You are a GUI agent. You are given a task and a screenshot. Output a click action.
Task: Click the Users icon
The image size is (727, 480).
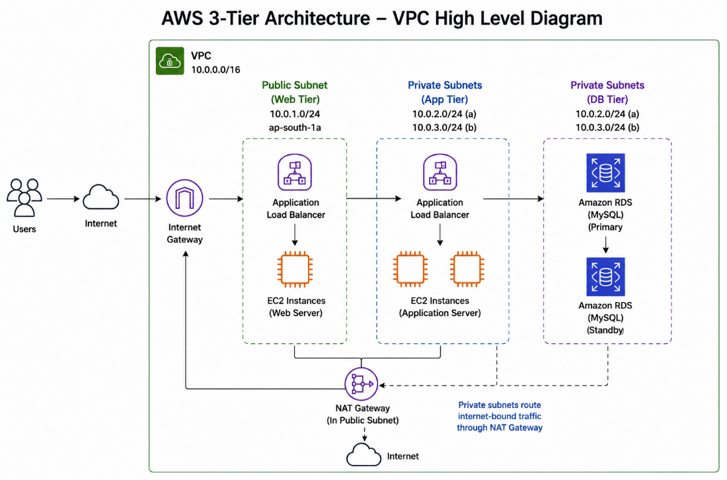pyautogui.click(x=24, y=198)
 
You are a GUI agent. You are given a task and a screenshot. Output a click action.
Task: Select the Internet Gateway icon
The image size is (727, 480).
pyautogui.click(x=184, y=198)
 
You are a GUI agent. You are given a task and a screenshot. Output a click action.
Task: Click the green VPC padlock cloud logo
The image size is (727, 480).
pyautogui.click(x=170, y=61)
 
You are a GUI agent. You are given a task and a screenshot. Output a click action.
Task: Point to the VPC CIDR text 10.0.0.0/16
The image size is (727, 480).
pyautogui.click(x=215, y=69)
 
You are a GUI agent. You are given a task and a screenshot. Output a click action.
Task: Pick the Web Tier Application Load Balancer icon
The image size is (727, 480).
pyautogui.click(x=295, y=173)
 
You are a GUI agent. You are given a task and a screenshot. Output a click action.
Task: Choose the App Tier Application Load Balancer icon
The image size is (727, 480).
pyautogui.click(x=440, y=173)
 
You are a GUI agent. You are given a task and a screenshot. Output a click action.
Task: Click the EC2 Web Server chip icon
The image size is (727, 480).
pyautogui.click(x=295, y=269)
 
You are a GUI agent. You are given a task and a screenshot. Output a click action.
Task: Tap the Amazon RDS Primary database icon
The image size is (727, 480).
pyautogui.click(x=605, y=173)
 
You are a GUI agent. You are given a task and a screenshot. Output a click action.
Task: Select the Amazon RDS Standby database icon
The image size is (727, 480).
pyautogui.click(x=605, y=277)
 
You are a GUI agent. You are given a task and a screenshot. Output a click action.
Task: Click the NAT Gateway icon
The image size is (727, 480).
pyautogui.click(x=361, y=384)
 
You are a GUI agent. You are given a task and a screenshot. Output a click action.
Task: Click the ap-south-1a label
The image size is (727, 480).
pyautogui.click(x=295, y=128)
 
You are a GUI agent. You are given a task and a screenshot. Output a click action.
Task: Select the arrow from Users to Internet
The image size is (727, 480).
pyautogui.click(x=63, y=199)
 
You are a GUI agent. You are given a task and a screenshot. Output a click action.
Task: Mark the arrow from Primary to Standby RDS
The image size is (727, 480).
pyautogui.click(x=605, y=245)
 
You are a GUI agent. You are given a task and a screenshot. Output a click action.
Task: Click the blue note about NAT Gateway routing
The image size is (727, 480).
pyautogui.click(x=500, y=417)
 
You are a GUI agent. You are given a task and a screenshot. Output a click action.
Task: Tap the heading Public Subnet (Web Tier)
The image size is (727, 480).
pyautogui.click(x=295, y=92)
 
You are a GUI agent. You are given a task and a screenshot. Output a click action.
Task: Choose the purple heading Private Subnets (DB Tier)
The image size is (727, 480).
pyautogui.click(x=607, y=92)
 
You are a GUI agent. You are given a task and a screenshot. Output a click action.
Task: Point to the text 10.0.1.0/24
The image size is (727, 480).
pyautogui.click(x=295, y=114)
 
